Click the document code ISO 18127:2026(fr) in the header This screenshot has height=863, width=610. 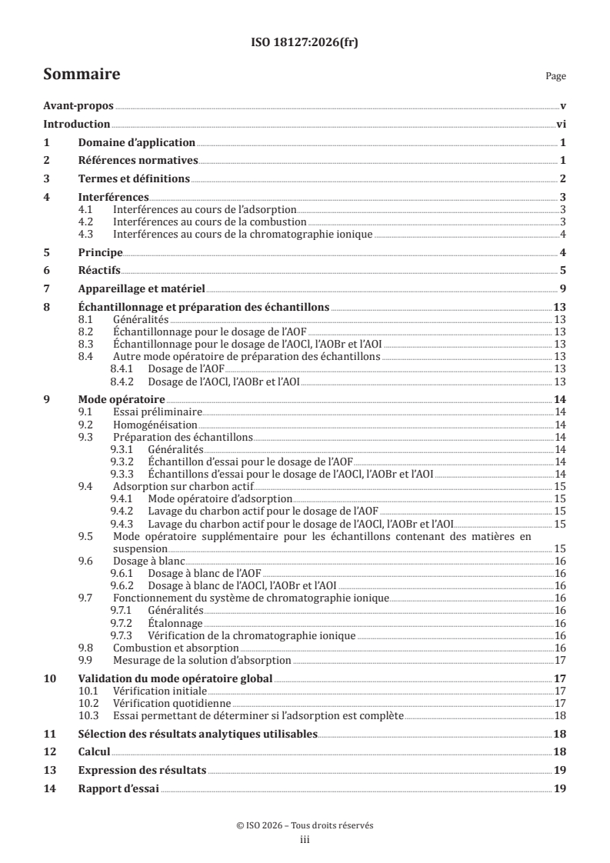[x=305, y=42]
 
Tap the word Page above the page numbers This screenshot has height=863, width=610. [x=555, y=77]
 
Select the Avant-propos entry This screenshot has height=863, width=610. [x=78, y=107]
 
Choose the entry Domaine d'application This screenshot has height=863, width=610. [x=136, y=143]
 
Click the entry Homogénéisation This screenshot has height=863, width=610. [x=155, y=425]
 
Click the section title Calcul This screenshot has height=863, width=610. [x=95, y=751]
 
